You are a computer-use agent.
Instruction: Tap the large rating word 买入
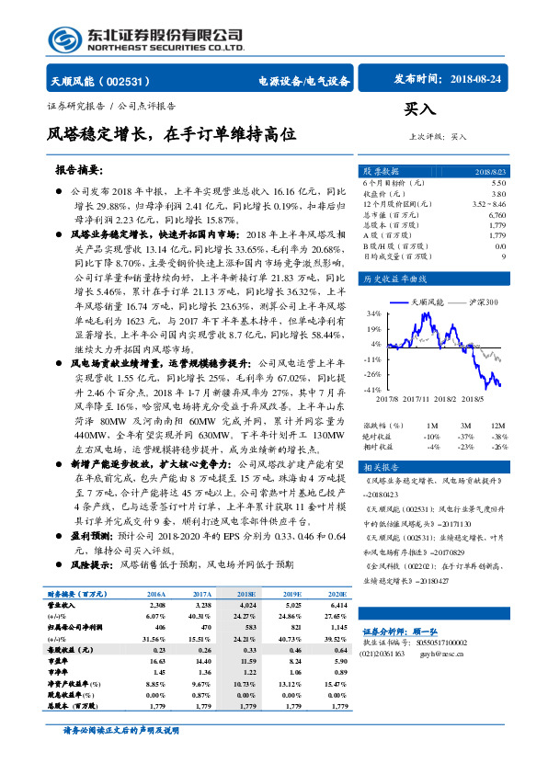(x=419, y=109)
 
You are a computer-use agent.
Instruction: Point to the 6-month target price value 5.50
(x=498, y=184)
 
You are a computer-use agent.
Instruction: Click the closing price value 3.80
(x=498, y=194)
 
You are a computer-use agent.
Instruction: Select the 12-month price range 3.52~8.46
(x=488, y=204)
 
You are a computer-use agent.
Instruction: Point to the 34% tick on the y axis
(x=375, y=313)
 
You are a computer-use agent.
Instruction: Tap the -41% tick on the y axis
(x=373, y=390)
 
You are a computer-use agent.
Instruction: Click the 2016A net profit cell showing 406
(x=154, y=627)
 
